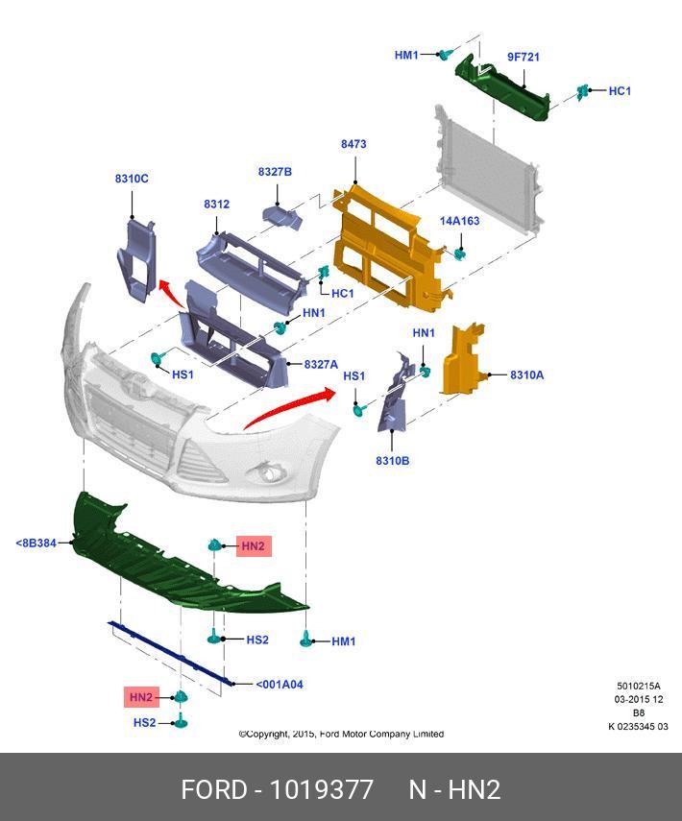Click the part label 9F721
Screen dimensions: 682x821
(524, 57)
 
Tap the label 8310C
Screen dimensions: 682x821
(132, 179)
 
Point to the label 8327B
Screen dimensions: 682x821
(275, 172)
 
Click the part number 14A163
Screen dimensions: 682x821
(459, 221)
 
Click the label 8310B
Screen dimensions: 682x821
(392, 461)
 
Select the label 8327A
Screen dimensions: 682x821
(321, 365)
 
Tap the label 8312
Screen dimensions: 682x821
(216, 205)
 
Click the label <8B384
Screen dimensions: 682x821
(36, 543)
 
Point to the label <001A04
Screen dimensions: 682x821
(280, 685)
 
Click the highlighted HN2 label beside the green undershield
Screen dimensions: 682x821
(253, 546)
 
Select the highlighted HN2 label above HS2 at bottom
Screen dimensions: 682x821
(141, 697)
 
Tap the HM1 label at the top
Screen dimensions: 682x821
(406, 56)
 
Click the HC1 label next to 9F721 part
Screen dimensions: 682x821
(620, 91)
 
